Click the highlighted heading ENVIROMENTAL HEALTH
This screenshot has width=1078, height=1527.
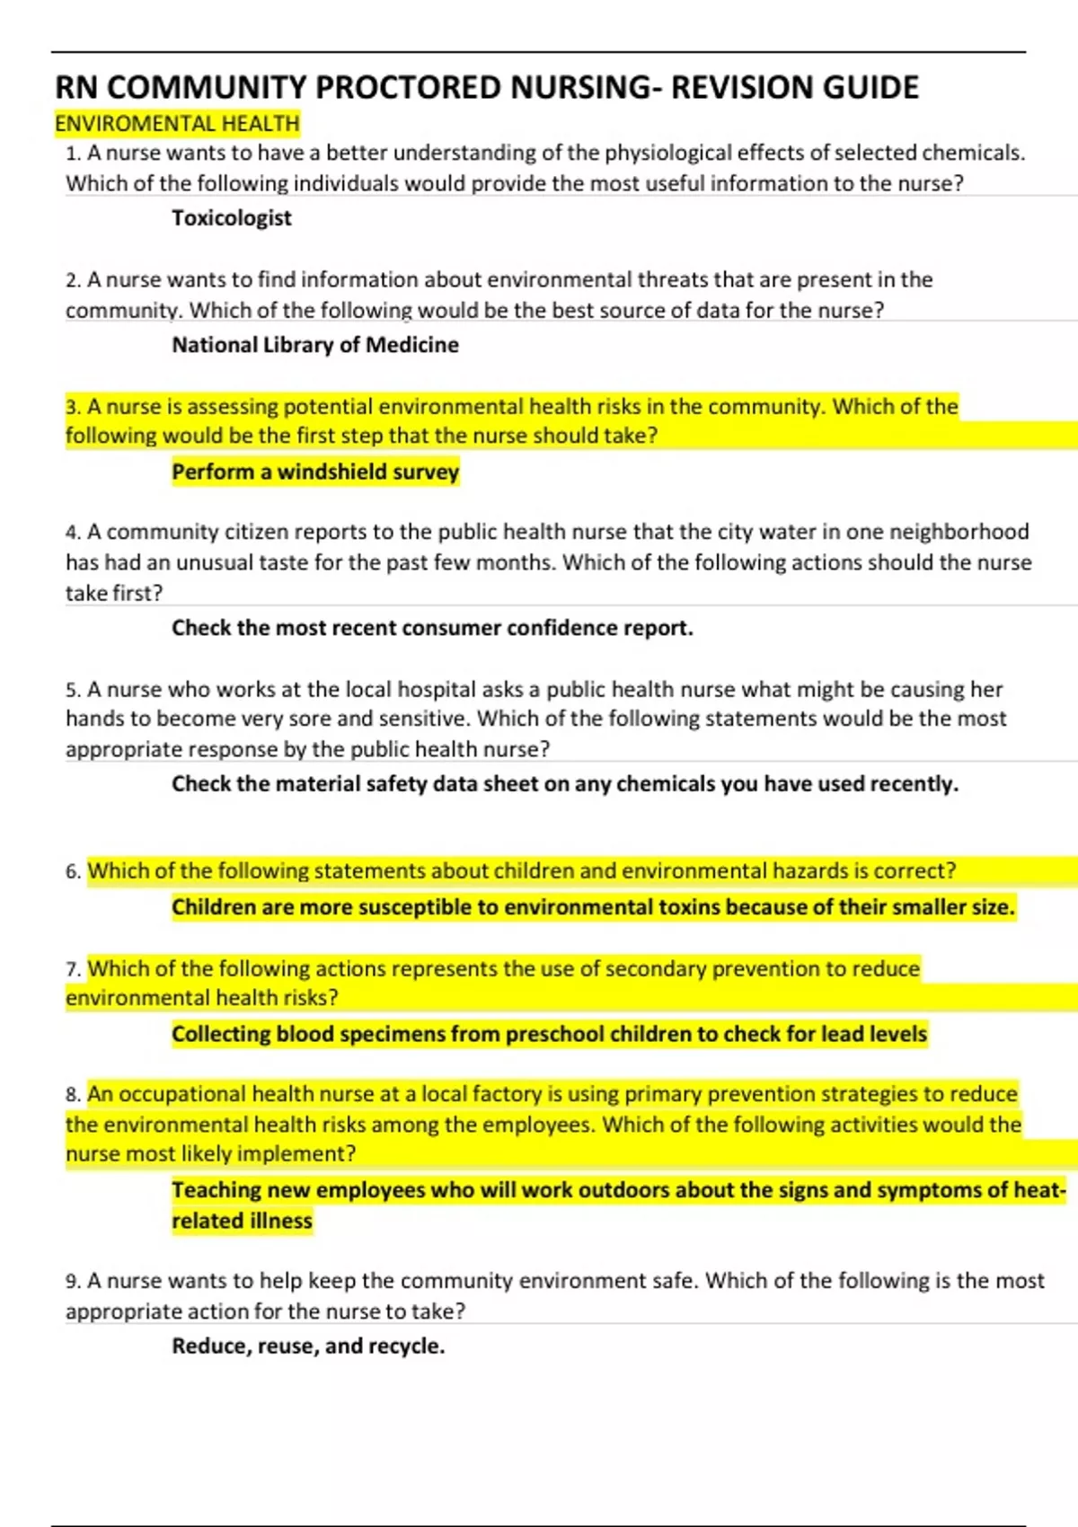177,123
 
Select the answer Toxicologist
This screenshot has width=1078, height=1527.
232,218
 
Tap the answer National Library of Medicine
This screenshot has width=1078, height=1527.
315,345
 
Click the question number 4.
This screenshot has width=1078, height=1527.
73,533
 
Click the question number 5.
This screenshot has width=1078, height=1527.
73,690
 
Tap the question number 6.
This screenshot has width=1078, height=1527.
73,871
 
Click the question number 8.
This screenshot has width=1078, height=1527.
73,1095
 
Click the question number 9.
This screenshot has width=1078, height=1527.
73,1281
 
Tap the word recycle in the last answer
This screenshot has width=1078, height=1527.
406,1346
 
